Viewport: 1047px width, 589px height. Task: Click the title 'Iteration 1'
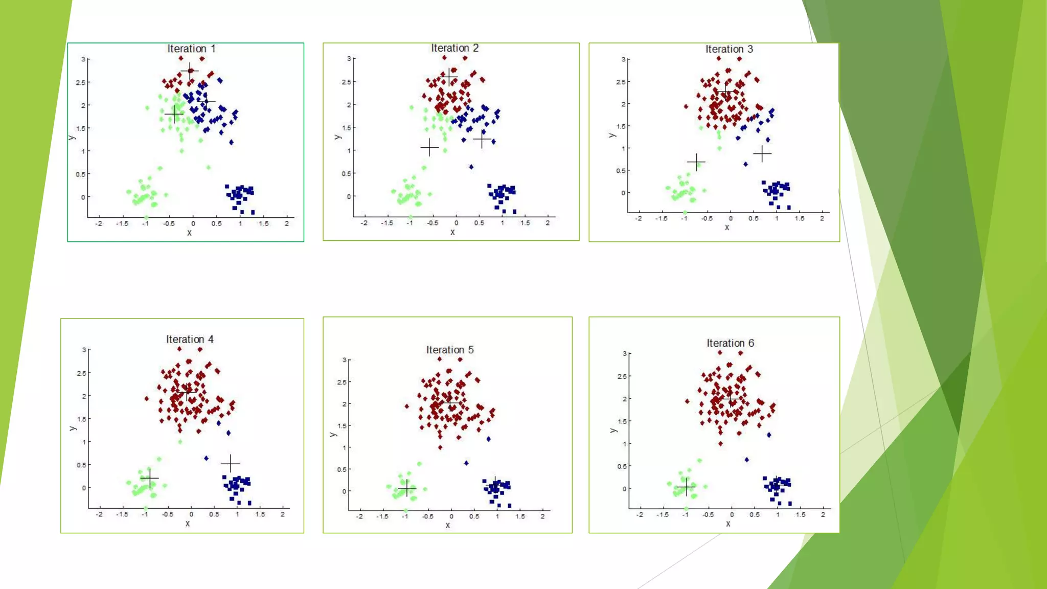(x=191, y=49)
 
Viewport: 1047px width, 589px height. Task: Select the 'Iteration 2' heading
(x=454, y=48)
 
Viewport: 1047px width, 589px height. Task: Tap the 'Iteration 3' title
(x=729, y=49)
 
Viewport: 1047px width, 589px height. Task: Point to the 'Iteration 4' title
(x=190, y=339)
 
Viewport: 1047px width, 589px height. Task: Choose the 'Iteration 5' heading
(x=450, y=350)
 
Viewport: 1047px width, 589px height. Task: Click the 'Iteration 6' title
(x=730, y=343)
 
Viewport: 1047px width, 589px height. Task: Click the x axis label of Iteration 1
(x=189, y=233)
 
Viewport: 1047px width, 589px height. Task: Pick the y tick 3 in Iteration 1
(x=83, y=59)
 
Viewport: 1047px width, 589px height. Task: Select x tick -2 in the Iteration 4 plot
(x=99, y=514)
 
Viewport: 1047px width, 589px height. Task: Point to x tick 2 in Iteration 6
(x=823, y=515)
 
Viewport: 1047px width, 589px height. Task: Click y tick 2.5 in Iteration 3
(x=620, y=82)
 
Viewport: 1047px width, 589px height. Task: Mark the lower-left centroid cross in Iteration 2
(x=429, y=148)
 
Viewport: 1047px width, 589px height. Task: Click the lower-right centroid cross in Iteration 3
(x=762, y=153)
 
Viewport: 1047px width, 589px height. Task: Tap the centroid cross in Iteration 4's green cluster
(x=149, y=479)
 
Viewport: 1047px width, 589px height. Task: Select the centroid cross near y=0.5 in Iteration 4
(x=231, y=463)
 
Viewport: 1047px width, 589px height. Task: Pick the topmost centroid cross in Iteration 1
(x=190, y=71)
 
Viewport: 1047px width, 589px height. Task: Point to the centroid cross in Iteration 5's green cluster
(x=407, y=489)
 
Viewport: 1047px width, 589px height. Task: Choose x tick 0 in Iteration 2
(x=456, y=223)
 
